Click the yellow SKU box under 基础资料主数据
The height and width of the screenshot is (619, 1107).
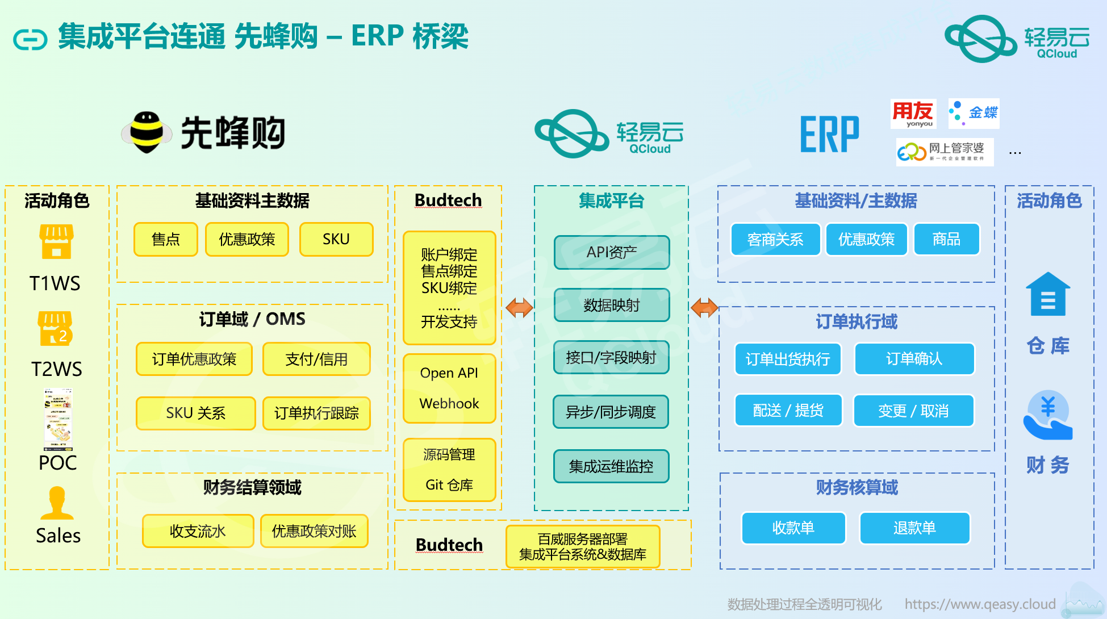pos(336,239)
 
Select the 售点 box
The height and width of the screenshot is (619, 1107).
pos(166,239)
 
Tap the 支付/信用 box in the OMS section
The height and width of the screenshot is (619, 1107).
pos(316,359)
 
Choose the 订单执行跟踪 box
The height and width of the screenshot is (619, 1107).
pos(316,413)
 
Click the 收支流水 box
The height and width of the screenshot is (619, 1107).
pos(198,531)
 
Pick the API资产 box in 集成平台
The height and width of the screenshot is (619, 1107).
pos(612,252)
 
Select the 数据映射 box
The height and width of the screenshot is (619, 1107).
pos(612,305)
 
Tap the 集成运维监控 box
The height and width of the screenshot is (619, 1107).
pos(611,466)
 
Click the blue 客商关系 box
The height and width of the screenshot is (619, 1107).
pos(775,239)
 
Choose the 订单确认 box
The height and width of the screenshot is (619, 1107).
pos(914,358)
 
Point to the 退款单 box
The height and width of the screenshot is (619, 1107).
pos(914,528)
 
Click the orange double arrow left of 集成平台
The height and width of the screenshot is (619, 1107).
pos(519,308)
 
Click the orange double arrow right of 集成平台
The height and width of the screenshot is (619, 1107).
pos(704,308)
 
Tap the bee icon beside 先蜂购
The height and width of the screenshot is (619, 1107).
pos(147,132)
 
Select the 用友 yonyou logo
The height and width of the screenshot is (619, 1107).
pos(913,114)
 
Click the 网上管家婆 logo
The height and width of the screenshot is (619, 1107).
pos(945,152)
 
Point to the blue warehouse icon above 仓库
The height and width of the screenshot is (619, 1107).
pos(1048,294)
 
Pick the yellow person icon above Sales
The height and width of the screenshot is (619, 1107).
pos(57,503)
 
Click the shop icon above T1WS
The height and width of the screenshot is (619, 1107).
pos(56,241)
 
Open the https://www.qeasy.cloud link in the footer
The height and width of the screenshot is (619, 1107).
pos(980,604)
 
